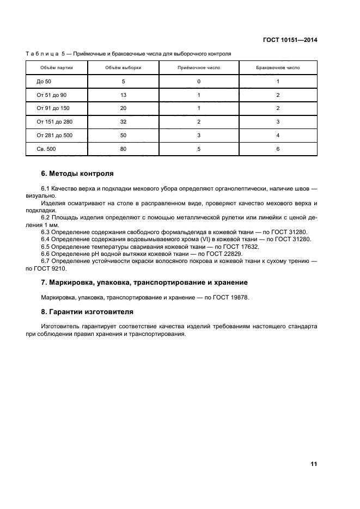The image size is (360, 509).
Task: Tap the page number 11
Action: pos(314,464)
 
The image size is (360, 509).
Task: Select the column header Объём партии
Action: pos(57,68)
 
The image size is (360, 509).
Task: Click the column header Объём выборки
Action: pos(123,68)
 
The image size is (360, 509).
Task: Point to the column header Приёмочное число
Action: pos(199,68)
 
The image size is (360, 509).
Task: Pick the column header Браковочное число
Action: pos(278,68)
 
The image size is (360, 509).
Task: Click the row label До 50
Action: pos(43,81)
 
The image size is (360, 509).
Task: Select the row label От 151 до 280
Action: pos(55,121)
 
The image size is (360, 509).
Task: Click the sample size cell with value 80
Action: pos(123,148)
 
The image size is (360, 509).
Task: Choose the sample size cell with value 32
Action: pos(123,121)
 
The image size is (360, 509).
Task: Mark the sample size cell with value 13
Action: pos(123,95)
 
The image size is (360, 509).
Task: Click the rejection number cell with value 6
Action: pos(278,148)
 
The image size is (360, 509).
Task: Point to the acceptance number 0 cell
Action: pos(199,81)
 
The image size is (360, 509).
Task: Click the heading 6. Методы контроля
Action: pos(77,174)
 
